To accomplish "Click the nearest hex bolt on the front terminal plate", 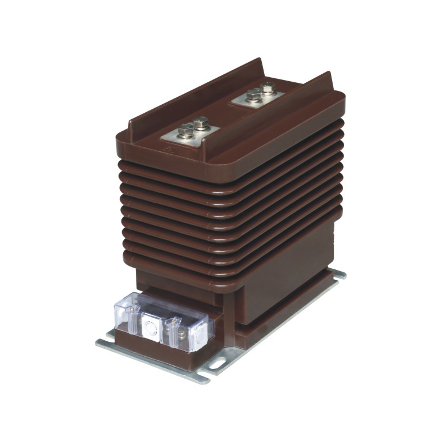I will (x=185, y=132).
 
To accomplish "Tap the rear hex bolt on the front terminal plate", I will (x=201, y=123).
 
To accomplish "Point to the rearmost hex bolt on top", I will (x=268, y=88).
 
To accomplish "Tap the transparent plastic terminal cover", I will (x=164, y=323).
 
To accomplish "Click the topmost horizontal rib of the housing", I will (x=230, y=167).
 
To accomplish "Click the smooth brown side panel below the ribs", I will (x=282, y=288).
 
